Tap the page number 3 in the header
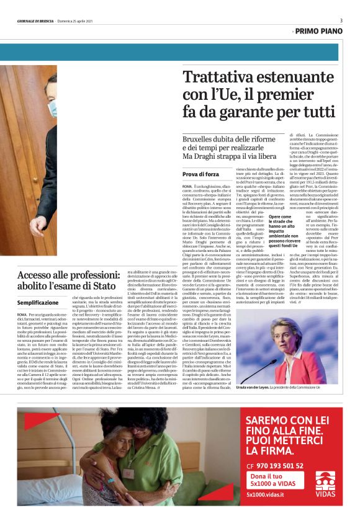[x=341, y=20]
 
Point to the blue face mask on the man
[x=53, y=109]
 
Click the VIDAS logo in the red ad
[x=326, y=481]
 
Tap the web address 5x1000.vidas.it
[x=266, y=494]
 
